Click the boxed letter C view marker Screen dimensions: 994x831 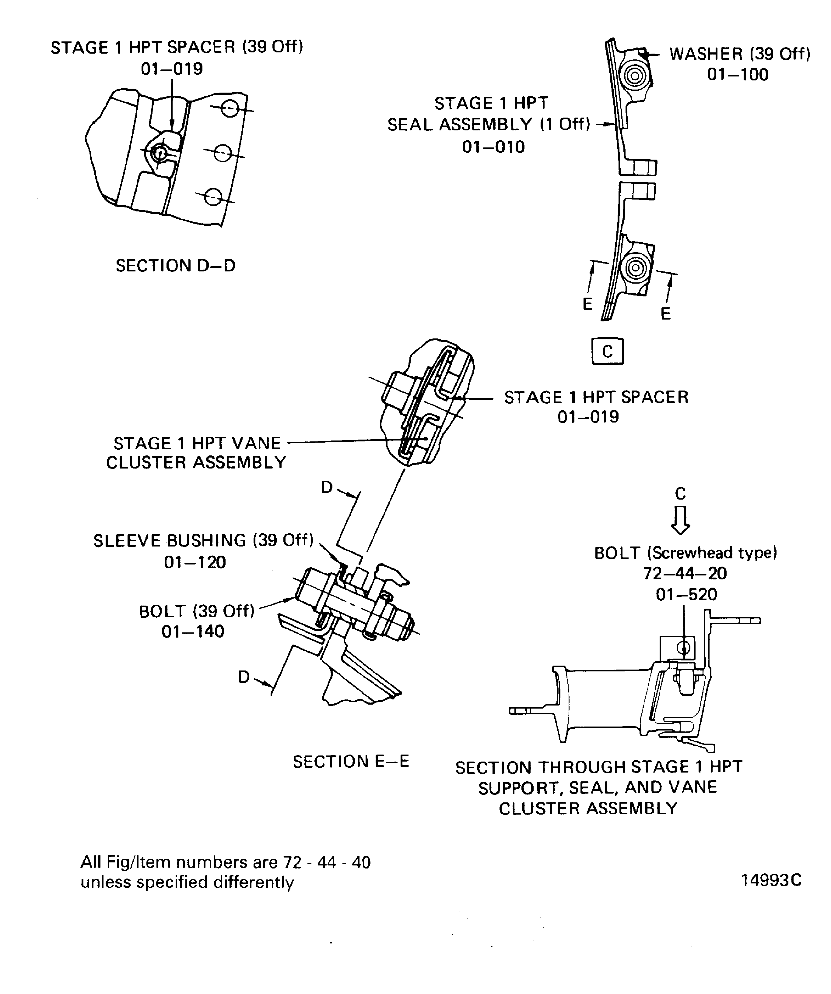pos(607,351)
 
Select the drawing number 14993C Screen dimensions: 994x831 pos(771,880)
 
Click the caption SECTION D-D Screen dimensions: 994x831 pos(175,266)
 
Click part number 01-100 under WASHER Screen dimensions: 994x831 pos(737,75)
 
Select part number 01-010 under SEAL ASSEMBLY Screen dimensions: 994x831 pos(493,147)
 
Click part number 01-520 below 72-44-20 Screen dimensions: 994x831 pos(686,594)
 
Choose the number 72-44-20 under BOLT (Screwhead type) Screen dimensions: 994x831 pos(685,573)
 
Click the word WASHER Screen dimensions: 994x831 pos(706,54)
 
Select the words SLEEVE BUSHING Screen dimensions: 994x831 pos(170,540)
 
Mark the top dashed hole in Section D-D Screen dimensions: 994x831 pos(230,109)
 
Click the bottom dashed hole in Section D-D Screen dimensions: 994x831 pos(213,196)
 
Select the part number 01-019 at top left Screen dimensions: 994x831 pos(172,69)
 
